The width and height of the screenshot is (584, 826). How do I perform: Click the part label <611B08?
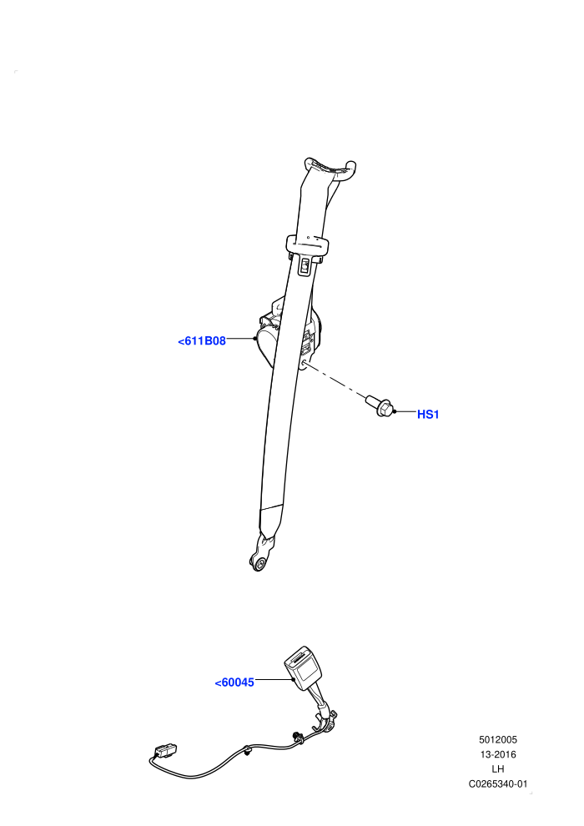tap(202, 341)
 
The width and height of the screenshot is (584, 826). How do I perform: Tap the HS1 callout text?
tap(428, 415)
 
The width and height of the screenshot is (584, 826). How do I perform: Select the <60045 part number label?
tap(234, 682)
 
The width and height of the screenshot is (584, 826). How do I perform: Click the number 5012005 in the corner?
tap(497, 739)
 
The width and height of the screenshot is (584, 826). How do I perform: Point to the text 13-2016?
tap(497, 754)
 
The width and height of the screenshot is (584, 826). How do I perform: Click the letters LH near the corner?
tap(497, 769)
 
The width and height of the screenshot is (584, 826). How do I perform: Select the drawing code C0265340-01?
tap(497, 783)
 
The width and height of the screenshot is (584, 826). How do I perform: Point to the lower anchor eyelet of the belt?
tap(259, 564)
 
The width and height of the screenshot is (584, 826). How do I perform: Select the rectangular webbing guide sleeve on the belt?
tap(308, 245)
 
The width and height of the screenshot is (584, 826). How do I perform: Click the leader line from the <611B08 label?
tap(240, 338)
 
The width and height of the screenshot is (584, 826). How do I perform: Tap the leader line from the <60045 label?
tap(274, 680)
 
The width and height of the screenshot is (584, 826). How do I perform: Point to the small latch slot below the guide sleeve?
tap(305, 266)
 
